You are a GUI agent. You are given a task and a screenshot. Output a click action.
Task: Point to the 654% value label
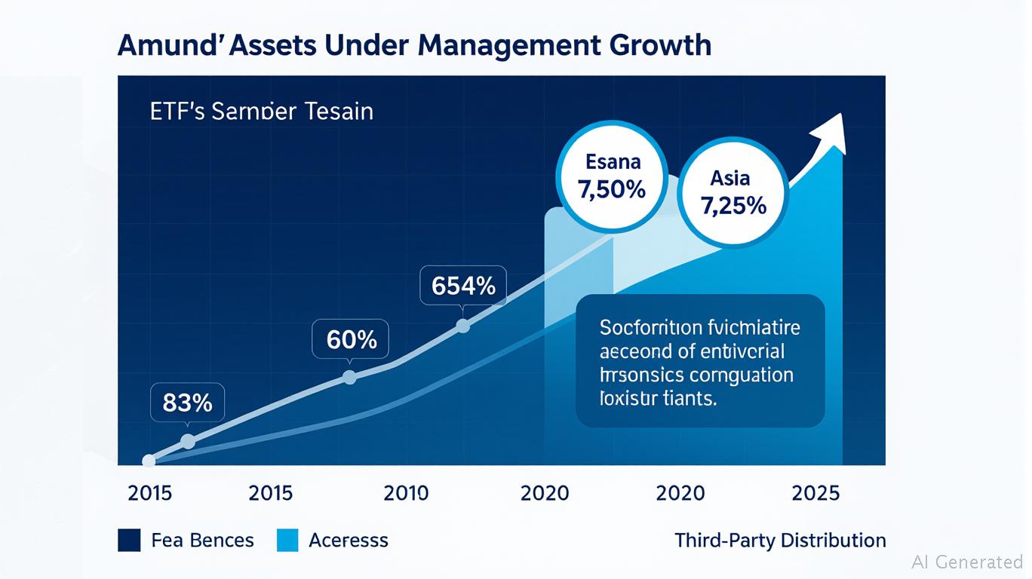click(x=463, y=286)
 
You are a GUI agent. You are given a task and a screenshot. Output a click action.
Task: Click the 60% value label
click(x=351, y=339)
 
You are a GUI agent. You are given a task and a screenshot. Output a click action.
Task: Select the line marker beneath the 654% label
click(x=463, y=326)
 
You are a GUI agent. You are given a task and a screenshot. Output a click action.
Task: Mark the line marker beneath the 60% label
click(x=349, y=377)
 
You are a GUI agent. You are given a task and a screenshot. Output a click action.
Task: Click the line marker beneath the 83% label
click(x=188, y=442)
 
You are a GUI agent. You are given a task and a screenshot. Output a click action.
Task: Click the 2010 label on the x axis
click(x=406, y=493)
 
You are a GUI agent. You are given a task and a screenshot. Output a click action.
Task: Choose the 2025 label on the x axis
click(x=815, y=493)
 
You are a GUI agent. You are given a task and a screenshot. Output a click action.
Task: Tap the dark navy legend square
click(x=129, y=540)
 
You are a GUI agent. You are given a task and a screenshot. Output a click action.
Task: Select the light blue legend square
click(x=287, y=540)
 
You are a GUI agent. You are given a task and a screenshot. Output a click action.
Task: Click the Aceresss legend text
click(x=349, y=540)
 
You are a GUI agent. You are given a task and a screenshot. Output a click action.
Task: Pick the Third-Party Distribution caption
click(x=780, y=540)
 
